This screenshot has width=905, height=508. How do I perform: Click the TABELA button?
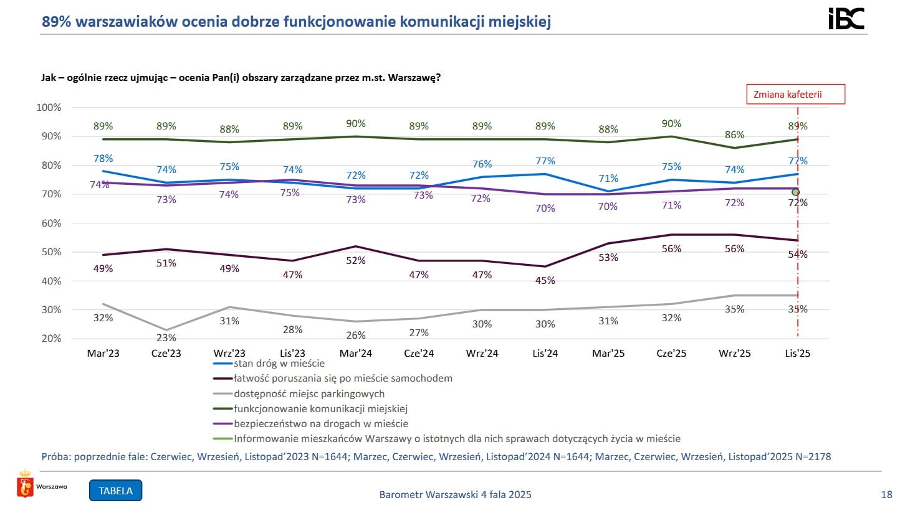[x=116, y=490]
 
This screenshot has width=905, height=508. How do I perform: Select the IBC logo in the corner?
[x=846, y=19]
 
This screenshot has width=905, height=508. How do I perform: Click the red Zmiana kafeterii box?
[x=796, y=94]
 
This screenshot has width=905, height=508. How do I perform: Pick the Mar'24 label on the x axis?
[x=356, y=353]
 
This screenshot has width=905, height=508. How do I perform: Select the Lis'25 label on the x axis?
[x=797, y=353]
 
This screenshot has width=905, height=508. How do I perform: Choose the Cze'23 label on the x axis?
[x=166, y=353]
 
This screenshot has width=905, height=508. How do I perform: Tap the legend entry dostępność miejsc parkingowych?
[x=309, y=393]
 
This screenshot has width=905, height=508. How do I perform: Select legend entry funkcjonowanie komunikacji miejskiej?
[x=320, y=409]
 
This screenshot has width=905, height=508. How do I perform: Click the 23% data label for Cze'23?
[x=166, y=338]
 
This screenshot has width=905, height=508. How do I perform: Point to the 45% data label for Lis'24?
[x=545, y=281]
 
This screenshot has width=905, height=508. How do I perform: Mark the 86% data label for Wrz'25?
[x=734, y=135]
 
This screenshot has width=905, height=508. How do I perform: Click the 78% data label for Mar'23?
[x=103, y=158]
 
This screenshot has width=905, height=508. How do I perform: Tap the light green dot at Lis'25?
[x=795, y=192]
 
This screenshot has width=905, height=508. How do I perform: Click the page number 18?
[x=886, y=495]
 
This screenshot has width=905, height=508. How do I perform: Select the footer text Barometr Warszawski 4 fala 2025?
[x=455, y=495]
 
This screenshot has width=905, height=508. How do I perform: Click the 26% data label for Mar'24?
[x=356, y=336]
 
